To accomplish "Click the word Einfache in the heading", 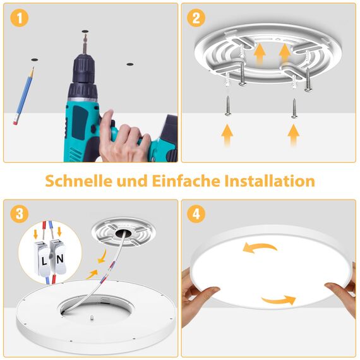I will click(187, 181).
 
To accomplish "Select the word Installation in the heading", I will click(270, 181).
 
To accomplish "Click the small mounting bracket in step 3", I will click(121, 233).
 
